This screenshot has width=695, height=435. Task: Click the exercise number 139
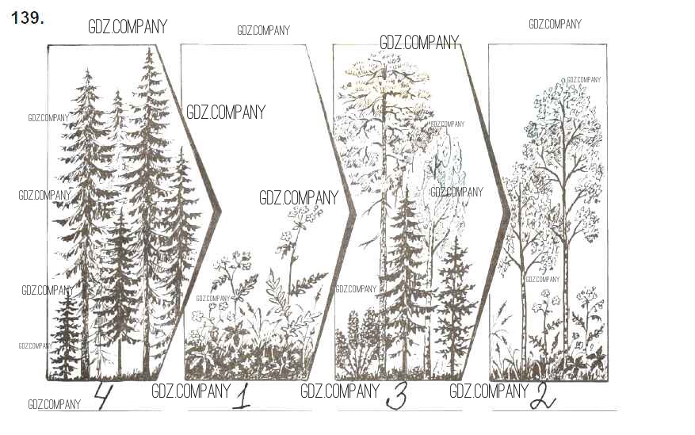28,18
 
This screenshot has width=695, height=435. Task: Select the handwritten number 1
242,397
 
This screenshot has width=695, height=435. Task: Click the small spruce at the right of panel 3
454,306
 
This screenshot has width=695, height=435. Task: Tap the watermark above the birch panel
555,24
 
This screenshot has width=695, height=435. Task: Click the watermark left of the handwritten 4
54,404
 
